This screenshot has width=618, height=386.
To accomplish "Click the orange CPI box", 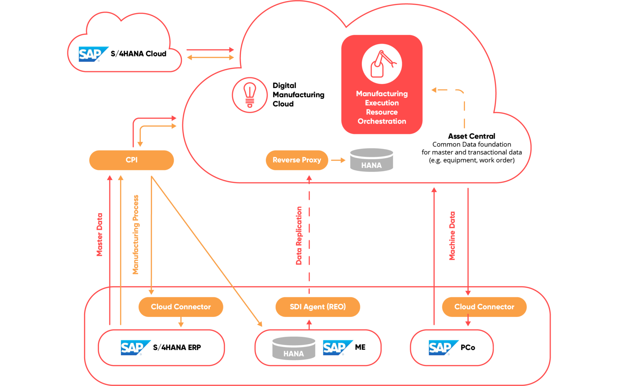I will tap(131, 160).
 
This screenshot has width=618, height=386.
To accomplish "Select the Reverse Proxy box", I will tap(297, 160).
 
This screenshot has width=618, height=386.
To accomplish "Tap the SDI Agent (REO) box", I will tap(317, 307).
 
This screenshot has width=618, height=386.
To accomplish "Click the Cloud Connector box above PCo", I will tap(484, 307).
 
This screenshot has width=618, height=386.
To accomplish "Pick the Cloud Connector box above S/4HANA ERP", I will tap(181, 307).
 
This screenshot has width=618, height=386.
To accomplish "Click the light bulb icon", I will tap(250, 95).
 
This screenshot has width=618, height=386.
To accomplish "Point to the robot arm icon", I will tap(381, 64).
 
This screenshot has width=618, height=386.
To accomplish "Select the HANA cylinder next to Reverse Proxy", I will tap(371, 160).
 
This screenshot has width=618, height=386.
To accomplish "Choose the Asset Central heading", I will tap(471, 136).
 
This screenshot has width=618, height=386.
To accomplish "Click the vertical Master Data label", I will tap(99, 234).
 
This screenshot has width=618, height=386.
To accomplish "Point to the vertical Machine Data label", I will tap(452, 236).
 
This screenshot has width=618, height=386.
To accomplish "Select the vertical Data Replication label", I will tap(299, 235).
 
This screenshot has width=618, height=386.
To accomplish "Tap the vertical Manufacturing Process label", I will tap(135, 234).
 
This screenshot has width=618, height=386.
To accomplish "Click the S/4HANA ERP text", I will tap(177, 347).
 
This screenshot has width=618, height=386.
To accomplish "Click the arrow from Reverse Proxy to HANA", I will tap(338, 160).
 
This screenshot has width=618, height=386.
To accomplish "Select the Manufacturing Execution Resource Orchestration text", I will tap(381, 107).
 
